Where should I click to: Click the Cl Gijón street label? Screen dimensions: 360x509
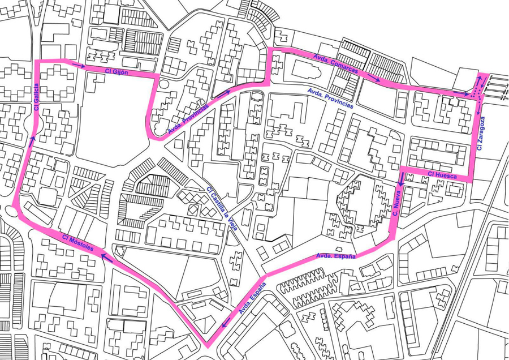(x=117, y=72)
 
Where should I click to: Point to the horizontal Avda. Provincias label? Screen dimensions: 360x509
(x=330, y=98)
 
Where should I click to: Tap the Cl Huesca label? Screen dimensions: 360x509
(x=438, y=174)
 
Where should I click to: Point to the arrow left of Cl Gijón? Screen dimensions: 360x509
(x=79, y=66)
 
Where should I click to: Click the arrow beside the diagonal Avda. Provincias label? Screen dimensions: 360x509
(x=223, y=92)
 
